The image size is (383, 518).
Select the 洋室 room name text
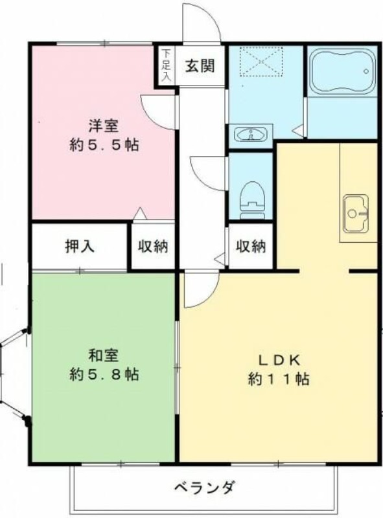click(x=104, y=126)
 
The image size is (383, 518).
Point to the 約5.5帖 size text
click(x=104, y=144)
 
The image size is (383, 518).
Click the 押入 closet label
click(x=79, y=247)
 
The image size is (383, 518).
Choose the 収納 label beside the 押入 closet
click(x=153, y=247)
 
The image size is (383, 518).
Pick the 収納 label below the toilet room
click(x=250, y=247)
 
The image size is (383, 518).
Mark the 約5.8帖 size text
click(x=104, y=374)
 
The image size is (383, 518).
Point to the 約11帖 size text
click(x=278, y=379)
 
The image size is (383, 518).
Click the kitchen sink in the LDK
click(x=355, y=213)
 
